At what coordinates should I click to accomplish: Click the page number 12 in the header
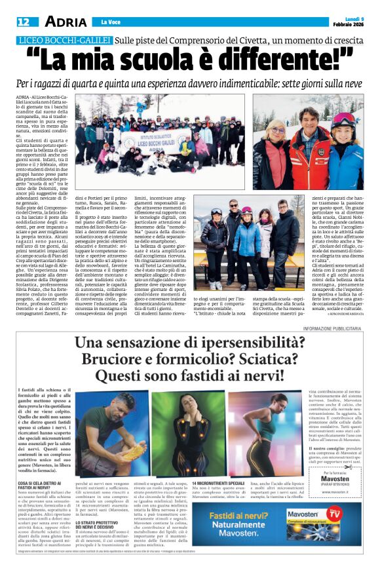pyautogui.click(x=23, y=22)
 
